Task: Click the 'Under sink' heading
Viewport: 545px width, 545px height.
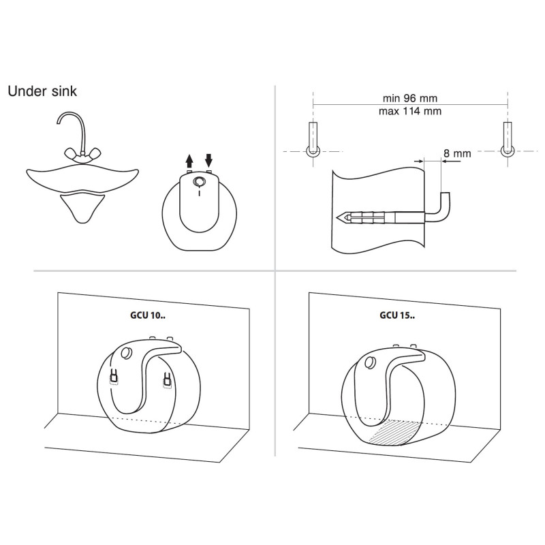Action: [42, 91]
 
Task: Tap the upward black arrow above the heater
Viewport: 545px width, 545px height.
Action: [189, 161]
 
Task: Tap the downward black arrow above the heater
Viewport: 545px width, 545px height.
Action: [208, 161]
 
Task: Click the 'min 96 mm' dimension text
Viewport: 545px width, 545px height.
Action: [410, 98]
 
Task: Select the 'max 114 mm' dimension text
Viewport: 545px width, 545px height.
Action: [410, 111]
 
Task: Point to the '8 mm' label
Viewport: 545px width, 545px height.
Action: [457, 153]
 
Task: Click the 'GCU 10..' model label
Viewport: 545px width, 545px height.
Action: [148, 315]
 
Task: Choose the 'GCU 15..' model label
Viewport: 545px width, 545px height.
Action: [397, 315]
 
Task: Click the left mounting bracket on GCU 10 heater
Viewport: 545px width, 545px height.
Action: [114, 377]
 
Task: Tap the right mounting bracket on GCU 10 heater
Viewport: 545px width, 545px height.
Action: [167, 379]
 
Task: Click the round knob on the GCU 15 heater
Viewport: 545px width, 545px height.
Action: [371, 362]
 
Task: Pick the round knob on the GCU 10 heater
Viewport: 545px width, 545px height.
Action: [126, 354]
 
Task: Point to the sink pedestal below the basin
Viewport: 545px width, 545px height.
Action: [82, 208]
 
